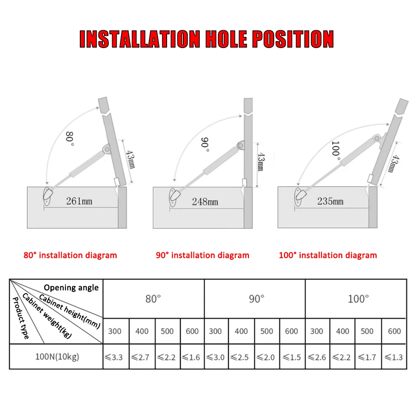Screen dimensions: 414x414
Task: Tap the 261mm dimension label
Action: pos(79,201)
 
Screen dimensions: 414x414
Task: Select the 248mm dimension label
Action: pos(205,202)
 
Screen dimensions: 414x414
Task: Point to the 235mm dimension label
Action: pos(330,201)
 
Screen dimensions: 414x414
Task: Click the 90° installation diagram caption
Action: pos(202,255)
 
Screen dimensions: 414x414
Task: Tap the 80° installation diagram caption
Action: pos(70,255)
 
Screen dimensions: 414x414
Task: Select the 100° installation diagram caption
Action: pos(328,255)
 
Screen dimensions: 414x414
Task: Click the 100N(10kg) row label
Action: pos(56,357)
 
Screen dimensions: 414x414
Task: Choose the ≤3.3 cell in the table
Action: pos(115,357)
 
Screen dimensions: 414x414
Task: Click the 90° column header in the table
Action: pos(256,299)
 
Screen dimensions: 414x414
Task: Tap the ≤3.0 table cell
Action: pos(215,357)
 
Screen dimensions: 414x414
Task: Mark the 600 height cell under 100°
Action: pos(394,331)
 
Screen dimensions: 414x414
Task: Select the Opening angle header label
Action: pos(71,287)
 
